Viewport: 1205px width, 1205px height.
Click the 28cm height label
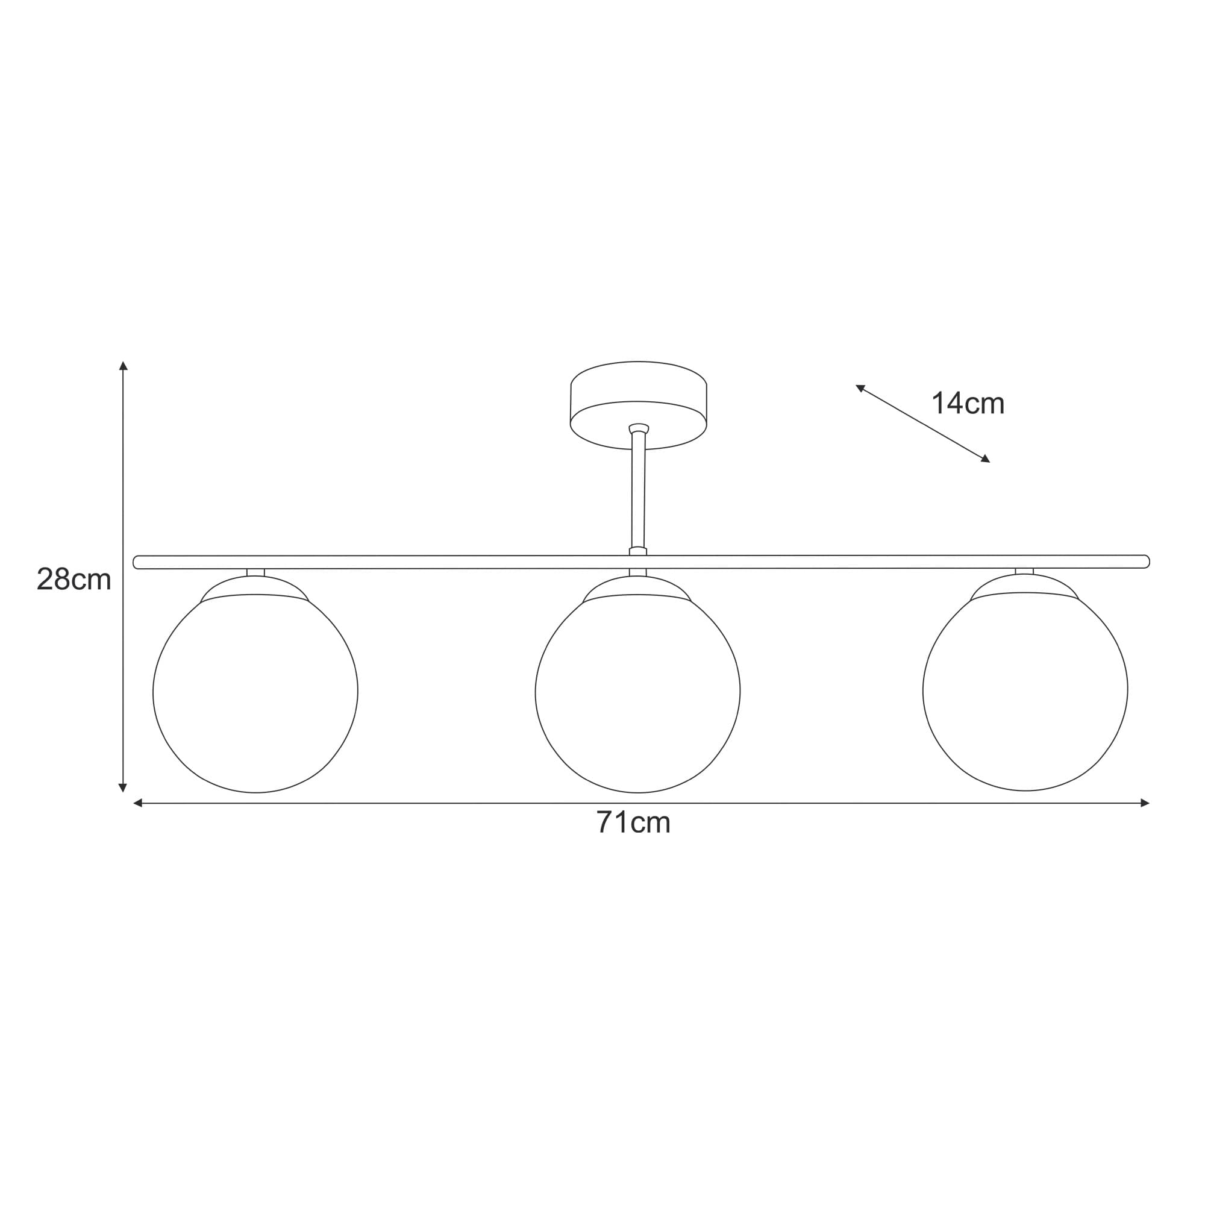[x=74, y=580]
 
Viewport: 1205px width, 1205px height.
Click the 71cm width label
[x=633, y=822]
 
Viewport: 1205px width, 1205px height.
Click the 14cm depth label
[x=968, y=404]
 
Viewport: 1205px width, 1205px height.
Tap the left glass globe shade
[x=255, y=693]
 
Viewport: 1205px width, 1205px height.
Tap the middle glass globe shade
[x=637, y=693]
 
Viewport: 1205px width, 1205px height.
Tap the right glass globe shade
[x=1025, y=691]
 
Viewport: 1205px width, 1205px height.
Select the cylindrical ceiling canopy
[x=638, y=405]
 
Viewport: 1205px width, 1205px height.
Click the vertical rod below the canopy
[x=638, y=490]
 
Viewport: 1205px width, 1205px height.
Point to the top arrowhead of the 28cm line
[x=124, y=366]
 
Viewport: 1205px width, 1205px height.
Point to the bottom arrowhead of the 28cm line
[x=123, y=788]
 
